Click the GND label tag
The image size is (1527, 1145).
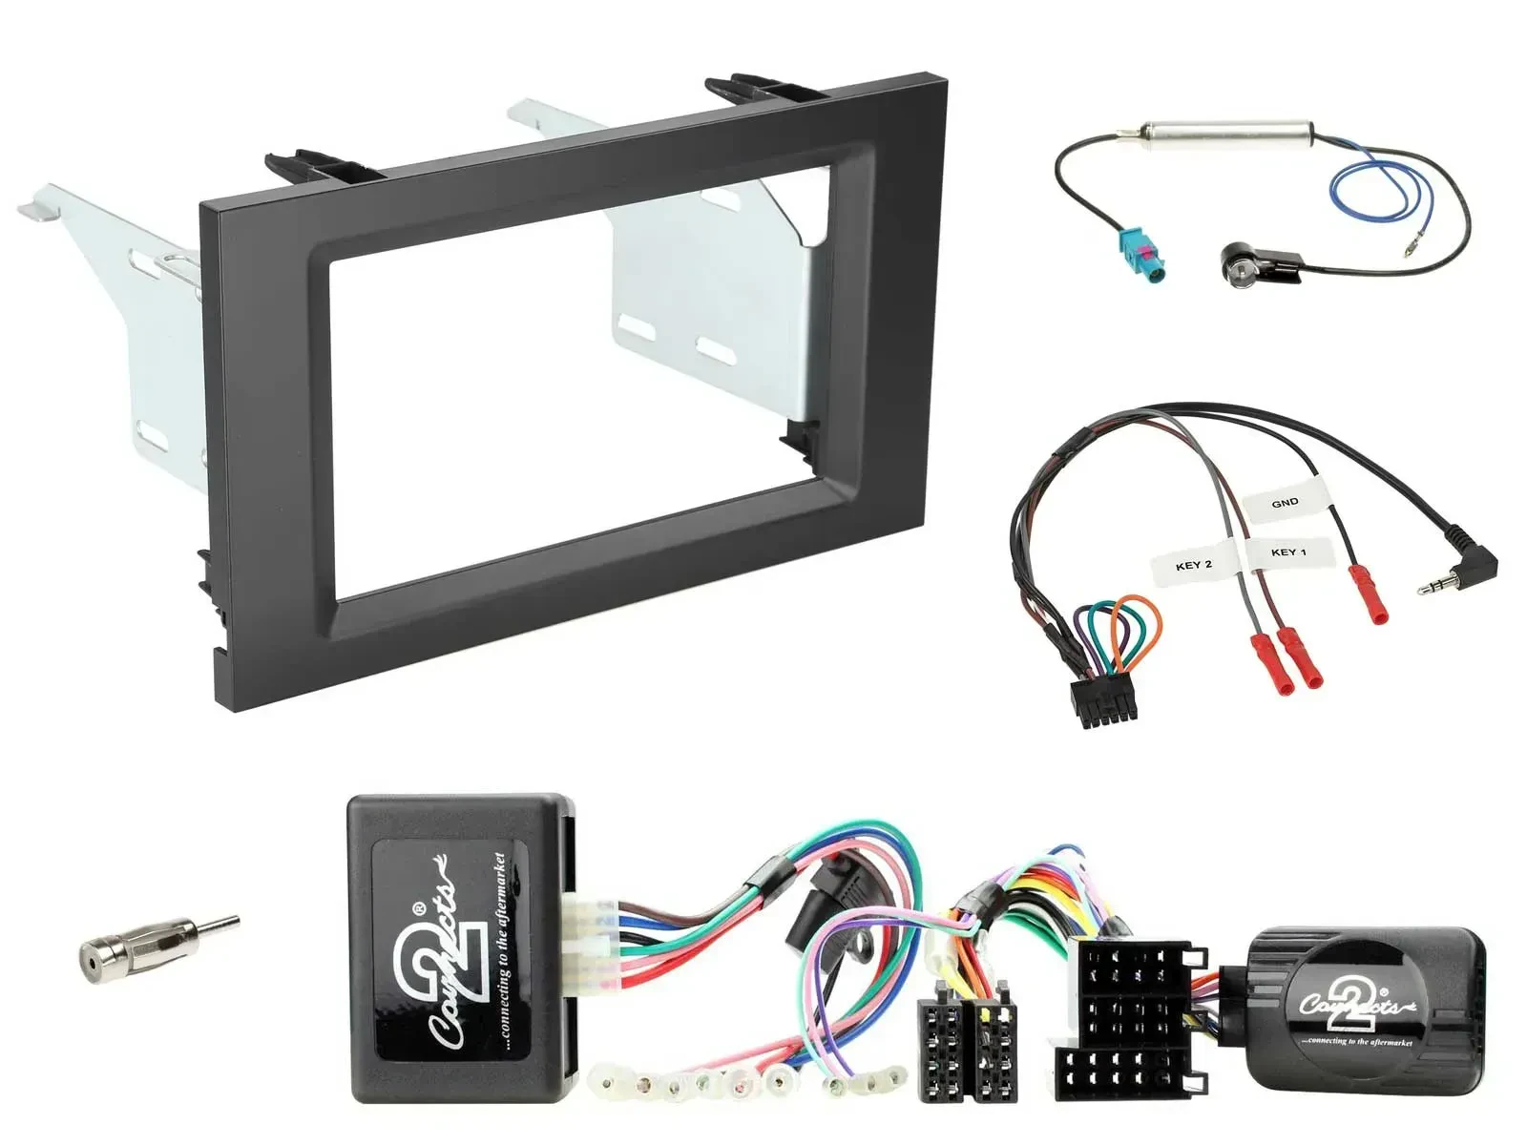pyautogui.click(x=1285, y=502)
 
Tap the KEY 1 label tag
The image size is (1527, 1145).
pyautogui.click(x=1287, y=552)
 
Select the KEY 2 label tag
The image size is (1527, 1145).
pyautogui.click(x=1193, y=565)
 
